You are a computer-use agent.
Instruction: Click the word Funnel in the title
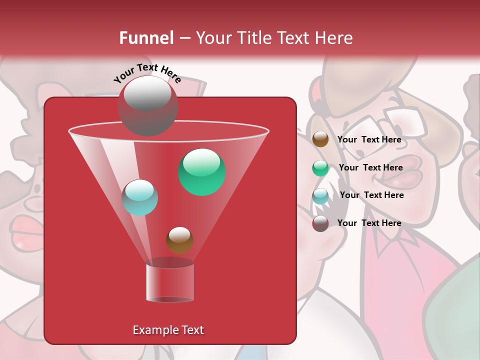146,38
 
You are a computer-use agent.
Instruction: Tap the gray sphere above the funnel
147,105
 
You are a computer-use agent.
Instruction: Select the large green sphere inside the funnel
201,172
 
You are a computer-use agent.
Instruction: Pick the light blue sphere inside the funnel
140,197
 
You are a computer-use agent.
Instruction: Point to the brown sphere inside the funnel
179,240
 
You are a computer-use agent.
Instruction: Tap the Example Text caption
168,330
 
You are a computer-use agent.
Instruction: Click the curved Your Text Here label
147,73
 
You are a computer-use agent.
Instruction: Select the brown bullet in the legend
320,139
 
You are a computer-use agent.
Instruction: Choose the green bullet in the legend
320,168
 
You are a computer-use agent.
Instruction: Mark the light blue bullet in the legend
320,196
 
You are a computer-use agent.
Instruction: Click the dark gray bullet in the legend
320,223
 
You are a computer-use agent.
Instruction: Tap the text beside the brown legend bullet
369,139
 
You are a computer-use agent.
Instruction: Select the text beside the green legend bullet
370,167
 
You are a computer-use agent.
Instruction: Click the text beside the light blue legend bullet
371,195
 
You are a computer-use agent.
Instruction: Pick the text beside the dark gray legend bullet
369,223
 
